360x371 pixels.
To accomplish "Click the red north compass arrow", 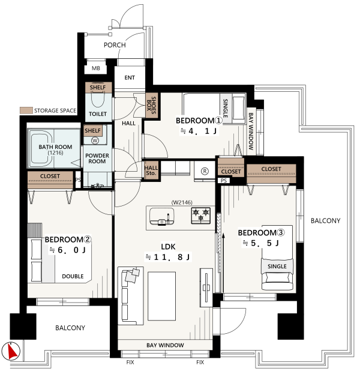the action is click(12, 351).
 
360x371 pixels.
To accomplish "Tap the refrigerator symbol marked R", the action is click(205, 171).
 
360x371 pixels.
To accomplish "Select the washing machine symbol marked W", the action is click(95, 140).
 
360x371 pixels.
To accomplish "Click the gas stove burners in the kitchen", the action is click(200, 216).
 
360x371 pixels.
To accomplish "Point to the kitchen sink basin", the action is click(162, 216).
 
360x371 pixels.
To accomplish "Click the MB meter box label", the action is click(96, 68).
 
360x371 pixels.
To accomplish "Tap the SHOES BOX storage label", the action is click(151, 105).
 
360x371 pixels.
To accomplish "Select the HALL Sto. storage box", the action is click(151, 170).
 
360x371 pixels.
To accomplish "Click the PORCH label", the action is click(115, 45).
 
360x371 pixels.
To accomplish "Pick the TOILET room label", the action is click(98, 114).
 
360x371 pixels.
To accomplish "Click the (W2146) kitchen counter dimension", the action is click(182, 202).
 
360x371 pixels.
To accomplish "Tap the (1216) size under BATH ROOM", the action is click(55, 153).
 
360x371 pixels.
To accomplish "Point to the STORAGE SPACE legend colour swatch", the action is click(26, 110).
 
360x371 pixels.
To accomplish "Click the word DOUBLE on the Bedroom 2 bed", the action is click(73, 276).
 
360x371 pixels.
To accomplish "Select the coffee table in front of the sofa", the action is click(162, 296).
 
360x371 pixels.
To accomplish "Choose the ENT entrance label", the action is click(130, 77).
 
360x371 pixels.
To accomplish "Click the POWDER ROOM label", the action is click(97, 158).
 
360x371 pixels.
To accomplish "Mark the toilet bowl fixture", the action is click(98, 101).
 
